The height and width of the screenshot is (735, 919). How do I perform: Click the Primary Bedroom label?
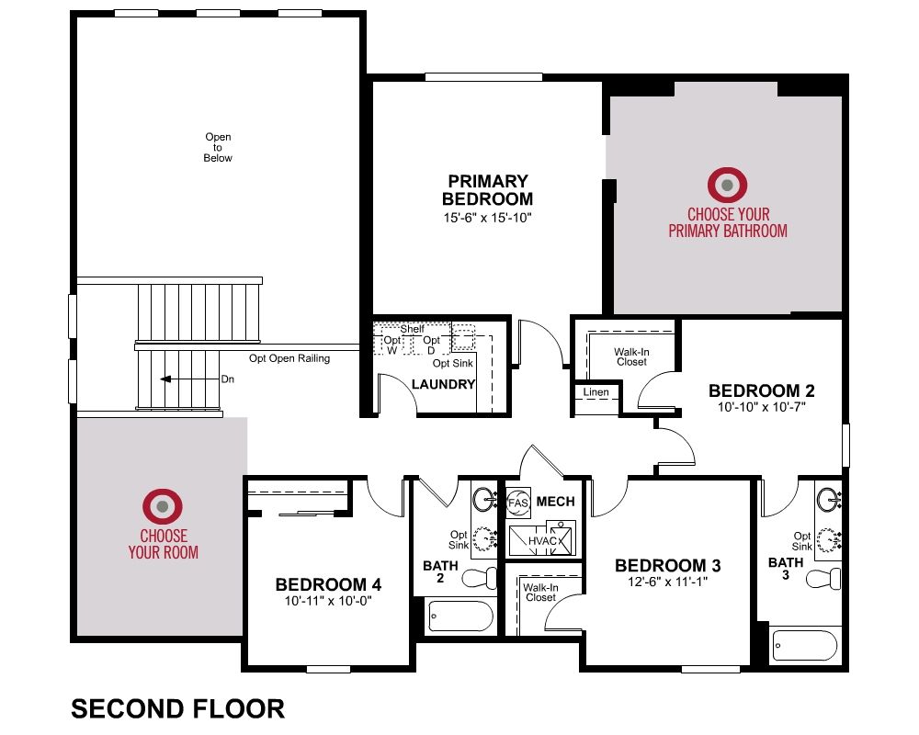(488, 190)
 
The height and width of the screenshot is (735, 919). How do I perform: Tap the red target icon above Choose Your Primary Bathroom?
(727, 185)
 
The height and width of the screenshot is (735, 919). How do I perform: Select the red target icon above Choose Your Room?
(163, 506)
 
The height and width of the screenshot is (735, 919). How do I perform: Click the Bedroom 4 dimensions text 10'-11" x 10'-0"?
(328, 601)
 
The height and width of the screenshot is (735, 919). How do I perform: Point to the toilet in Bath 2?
(479, 579)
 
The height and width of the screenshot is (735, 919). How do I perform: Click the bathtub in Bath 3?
(805, 645)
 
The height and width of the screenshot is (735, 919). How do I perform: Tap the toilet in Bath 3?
(823, 580)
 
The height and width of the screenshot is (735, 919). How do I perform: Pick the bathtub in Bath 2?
(460, 616)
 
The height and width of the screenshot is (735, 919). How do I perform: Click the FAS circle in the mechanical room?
(518, 503)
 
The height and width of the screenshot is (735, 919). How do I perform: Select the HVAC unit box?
(542, 540)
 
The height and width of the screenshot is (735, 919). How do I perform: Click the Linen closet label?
(596, 392)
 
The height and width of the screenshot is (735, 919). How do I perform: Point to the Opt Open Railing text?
(289, 358)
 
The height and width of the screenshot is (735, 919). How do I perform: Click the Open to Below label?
(218, 147)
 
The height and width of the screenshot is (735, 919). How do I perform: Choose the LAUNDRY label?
(443, 385)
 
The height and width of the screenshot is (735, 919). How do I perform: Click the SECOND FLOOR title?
(178, 708)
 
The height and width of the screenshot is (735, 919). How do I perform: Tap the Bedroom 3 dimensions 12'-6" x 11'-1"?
(667, 582)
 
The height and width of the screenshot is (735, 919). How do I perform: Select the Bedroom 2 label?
(761, 390)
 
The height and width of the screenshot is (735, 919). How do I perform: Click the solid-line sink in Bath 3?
(828, 500)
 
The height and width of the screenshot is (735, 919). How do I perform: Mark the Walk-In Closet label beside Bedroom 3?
(540, 593)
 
